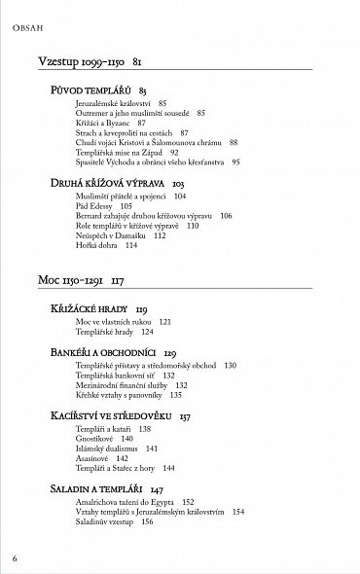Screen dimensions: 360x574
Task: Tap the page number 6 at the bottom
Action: (15, 558)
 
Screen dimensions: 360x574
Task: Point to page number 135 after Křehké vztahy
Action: (176, 395)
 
